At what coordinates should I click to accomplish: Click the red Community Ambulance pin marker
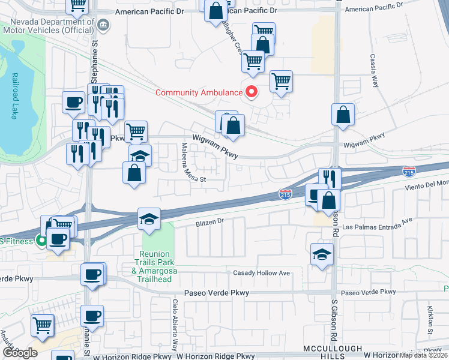(252, 92)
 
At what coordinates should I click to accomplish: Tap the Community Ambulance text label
(198, 92)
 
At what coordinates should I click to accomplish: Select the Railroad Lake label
(13, 96)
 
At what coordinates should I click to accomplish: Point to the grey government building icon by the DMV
(104, 25)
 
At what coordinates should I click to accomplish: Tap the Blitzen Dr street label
(209, 221)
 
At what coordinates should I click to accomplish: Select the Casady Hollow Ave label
(261, 273)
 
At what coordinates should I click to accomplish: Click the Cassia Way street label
(375, 71)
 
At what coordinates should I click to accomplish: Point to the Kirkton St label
(430, 320)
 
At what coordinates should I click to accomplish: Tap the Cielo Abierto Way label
(175, 325)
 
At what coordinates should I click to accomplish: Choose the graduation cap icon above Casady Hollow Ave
(322, 254)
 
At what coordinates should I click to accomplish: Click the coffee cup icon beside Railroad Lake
(74, 101)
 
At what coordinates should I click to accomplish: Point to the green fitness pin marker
(41, 242)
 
